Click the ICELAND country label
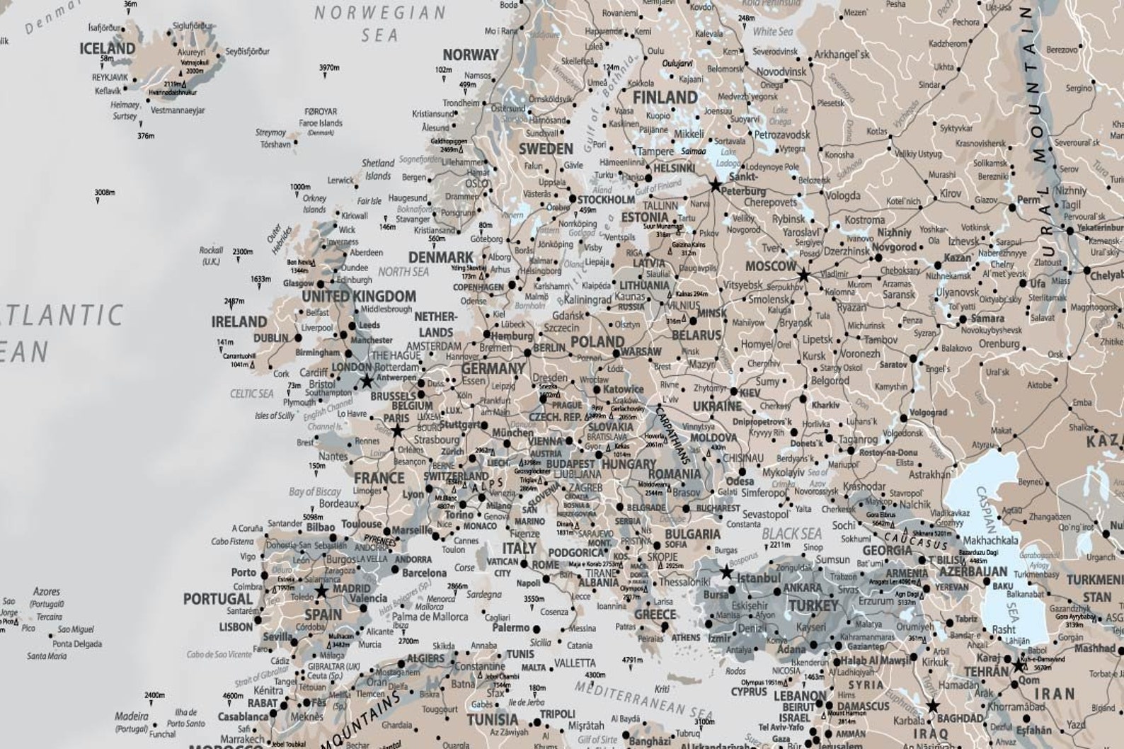click(107, 48)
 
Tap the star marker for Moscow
click(803, 275)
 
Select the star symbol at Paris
click(397, 430)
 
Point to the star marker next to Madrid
click(321, 591)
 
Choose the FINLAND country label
click(665, 97)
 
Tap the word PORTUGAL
click(218, 599)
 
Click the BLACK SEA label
click(791, 534)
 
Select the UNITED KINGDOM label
click(359, 296)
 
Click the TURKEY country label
click(814, 606)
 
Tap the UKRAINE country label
click(717, 406)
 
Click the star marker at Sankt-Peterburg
click(715, 185)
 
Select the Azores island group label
click(47, 591)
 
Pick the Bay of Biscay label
click(315, 491)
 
